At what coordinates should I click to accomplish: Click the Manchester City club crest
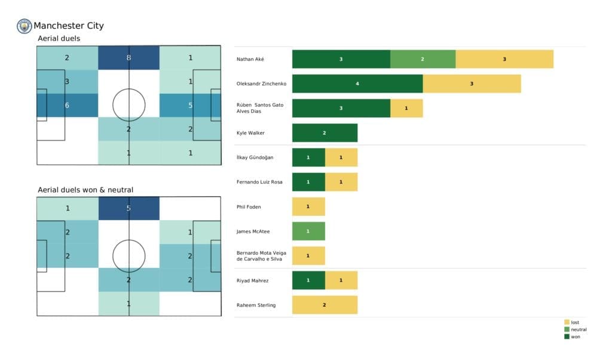[25, 26]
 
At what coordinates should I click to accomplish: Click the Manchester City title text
[68, 26]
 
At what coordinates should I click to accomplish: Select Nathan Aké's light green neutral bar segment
[423, 59]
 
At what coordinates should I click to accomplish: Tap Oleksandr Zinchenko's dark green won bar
[357, 84]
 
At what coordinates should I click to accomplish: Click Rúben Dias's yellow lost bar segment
[406, 108]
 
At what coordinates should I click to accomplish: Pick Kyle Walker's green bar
[325, 133]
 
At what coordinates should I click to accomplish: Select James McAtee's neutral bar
[308, 231]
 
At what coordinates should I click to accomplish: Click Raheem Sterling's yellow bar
[325, 305]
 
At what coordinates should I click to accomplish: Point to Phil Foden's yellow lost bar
[308, 207]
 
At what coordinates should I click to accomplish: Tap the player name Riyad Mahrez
[253, 280]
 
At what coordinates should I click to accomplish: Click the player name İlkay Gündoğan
[255, 157]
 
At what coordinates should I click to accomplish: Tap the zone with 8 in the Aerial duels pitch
[128, 58]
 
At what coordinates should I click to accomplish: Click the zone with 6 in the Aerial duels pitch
[67, 105]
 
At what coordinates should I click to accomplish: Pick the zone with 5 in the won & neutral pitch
[128, 209]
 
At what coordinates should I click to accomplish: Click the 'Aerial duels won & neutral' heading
[85, 190]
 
